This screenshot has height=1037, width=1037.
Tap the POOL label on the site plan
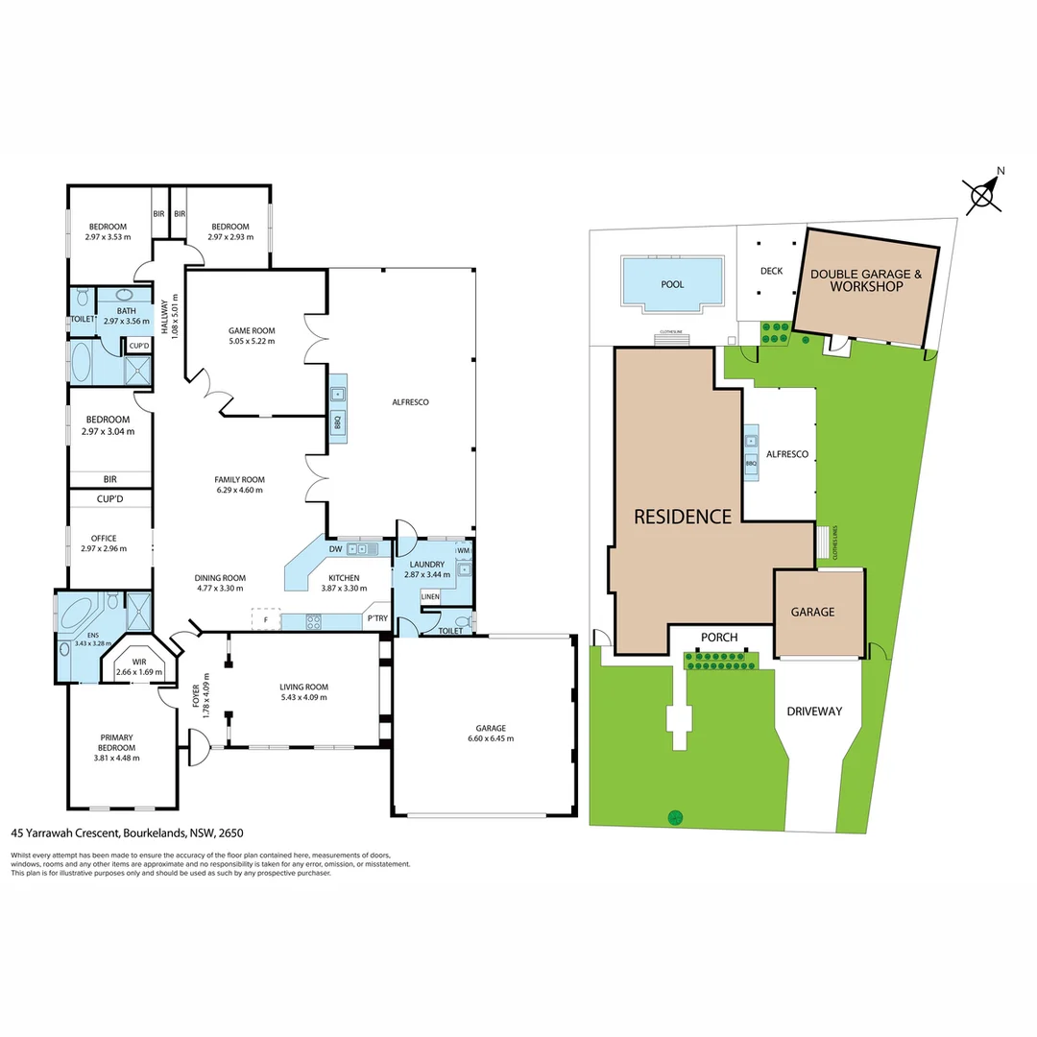[672, 285]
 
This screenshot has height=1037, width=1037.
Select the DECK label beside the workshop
[771, 271]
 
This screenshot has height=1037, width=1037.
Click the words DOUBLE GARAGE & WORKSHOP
[866, 280]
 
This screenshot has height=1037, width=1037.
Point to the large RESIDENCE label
[683, 517]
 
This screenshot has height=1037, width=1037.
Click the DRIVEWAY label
[814, 711]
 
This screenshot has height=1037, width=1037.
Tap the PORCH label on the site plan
[718, 637]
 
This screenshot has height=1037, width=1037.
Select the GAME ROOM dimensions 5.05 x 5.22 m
[251, 342]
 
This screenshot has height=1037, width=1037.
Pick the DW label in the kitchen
[336, 549]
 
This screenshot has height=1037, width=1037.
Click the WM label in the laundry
[463, 550]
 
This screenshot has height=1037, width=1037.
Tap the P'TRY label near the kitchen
[377, 619]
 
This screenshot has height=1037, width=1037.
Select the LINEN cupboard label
[430, 597]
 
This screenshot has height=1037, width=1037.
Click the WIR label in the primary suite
[140, 661]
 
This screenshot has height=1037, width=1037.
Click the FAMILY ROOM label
[239, 479]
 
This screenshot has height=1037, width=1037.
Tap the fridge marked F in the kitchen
[266, 619]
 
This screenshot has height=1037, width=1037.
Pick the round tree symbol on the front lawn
[676, 817]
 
